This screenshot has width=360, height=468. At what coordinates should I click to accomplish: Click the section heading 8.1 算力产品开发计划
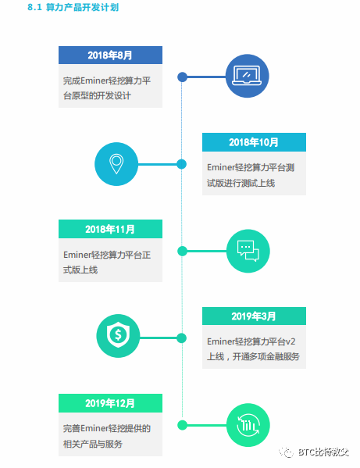[x=73, y=7]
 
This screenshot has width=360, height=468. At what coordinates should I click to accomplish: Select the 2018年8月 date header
[x=110, y=55]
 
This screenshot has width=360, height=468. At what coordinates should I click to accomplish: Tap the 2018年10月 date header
[x=254, y=142]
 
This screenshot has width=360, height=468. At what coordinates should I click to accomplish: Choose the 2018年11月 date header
[x=110, y=229]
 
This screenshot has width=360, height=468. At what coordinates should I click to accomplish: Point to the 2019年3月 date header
[x=254, y=316]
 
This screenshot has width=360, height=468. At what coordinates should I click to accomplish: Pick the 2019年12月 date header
[x=110, y=403]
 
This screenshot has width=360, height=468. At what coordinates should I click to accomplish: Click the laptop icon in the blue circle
[x=247, y=76]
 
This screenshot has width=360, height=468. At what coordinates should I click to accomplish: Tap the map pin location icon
[x=116, y=163]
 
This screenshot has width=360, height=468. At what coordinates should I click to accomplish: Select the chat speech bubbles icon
[x=248, y=251]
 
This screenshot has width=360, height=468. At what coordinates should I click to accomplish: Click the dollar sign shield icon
[x=118, y=335]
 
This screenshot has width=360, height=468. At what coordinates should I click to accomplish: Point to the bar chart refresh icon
[x=248, y=425]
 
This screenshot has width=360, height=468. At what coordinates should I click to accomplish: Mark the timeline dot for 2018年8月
[x=182, y=77]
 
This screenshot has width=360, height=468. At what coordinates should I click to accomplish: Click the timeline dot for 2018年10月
[x=182, y=164]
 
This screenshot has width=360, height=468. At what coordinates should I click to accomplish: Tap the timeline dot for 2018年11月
[x=182, y=252]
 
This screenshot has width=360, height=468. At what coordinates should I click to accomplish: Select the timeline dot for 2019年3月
[x=182, y=338]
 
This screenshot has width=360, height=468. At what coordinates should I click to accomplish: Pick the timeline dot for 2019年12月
[x=182, y=425]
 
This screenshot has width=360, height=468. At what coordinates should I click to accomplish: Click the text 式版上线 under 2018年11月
[x=80, y=270]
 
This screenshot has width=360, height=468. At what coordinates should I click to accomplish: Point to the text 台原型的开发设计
[x=97, y=96]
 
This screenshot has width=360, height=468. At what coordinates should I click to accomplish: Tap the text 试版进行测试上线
[x=241, y=183]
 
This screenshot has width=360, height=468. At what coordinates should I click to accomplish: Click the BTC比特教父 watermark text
[x=323, y=452]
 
